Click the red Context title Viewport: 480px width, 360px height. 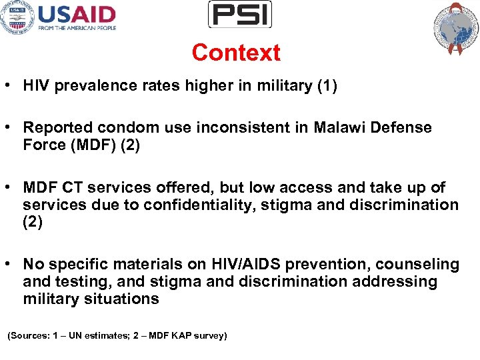click(x=236, y=53)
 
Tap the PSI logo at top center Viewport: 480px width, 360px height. click(x=240, y=14)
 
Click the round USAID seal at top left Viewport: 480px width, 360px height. click(x=17, y=17)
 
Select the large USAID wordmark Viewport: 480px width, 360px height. click(x=77, y=14)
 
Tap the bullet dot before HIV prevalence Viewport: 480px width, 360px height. click(x=11, y=86)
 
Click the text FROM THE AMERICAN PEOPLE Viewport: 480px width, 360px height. click(x=77, y=28)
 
